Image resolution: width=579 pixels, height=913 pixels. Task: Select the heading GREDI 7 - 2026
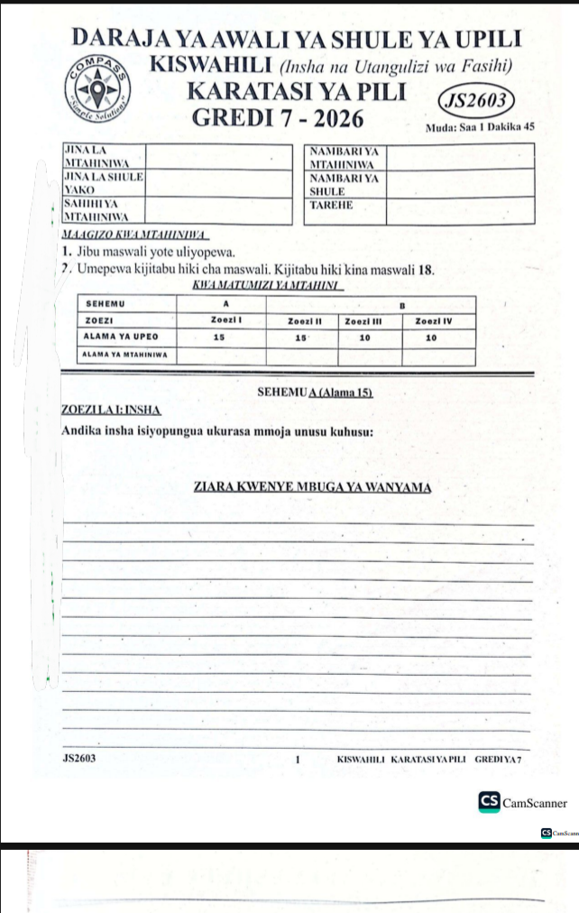279,118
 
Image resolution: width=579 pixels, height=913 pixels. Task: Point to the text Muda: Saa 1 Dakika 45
480,128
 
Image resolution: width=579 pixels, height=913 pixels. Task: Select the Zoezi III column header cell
364,320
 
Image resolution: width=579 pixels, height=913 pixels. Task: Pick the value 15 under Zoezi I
218,337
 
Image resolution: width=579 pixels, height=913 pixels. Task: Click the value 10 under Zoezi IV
431,337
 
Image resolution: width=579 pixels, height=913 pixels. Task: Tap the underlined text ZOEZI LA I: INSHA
110,411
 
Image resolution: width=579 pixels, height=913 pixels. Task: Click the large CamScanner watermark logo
523,802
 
